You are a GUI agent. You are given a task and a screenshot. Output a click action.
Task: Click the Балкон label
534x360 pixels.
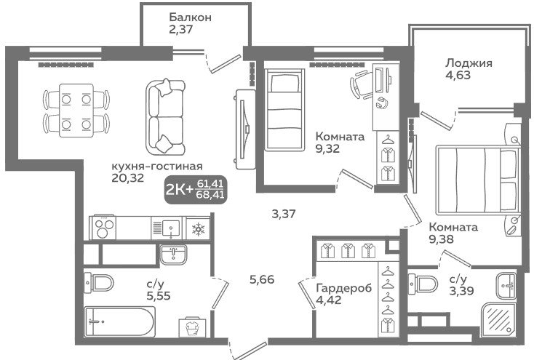pyautogui.click(x=190, y=17)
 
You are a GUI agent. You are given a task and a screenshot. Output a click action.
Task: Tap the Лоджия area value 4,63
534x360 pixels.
pyautogui.click(x=458, y=75)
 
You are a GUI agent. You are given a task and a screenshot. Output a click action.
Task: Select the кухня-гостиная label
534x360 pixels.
pyautogui.click(x=157, y=167)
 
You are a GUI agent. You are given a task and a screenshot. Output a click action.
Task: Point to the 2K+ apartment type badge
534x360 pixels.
pyautogui.click(x=196, y=190)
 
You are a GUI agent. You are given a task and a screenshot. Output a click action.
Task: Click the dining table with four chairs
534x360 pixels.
pyautogui.click(x=76, y=111)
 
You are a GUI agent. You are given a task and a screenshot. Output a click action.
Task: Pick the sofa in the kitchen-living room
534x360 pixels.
pyautogui.click(x=165, y=117)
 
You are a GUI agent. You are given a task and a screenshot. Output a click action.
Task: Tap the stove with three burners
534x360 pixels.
pyautogui.click(x=103, y=228)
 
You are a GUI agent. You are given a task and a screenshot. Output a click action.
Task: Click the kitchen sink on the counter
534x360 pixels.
pyautogui.click(x=168, y=228)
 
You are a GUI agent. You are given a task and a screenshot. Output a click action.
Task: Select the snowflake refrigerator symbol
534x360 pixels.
pyautogui.click(x=198, y=228)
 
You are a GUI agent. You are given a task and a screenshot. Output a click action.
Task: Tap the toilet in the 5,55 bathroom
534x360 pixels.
pyautogui.click(x=98, y=282)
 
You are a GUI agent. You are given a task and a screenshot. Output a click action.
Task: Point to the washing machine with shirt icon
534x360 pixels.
pyautogui.click(x=193, y=328)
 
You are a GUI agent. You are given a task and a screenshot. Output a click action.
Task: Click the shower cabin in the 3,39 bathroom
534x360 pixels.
pyautogui.click(x=498, y=319)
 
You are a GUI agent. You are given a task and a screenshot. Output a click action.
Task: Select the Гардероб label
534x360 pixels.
pyautogui.click(x=343, y=288)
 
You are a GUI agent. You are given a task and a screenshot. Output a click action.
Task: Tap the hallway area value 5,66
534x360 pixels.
pyautogui.click(x=262, y=279)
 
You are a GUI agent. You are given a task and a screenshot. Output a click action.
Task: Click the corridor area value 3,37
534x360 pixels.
pyautogui.click(x=283, y=214)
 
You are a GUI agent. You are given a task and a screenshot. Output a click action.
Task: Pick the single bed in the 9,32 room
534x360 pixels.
pyautogui.click(x=284, y=109)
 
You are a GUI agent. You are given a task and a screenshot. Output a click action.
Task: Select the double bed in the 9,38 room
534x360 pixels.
pyautogui.click(x=477, y=180)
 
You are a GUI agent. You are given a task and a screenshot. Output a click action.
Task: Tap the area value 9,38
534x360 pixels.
pyautogui.click(x=441, y=239)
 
